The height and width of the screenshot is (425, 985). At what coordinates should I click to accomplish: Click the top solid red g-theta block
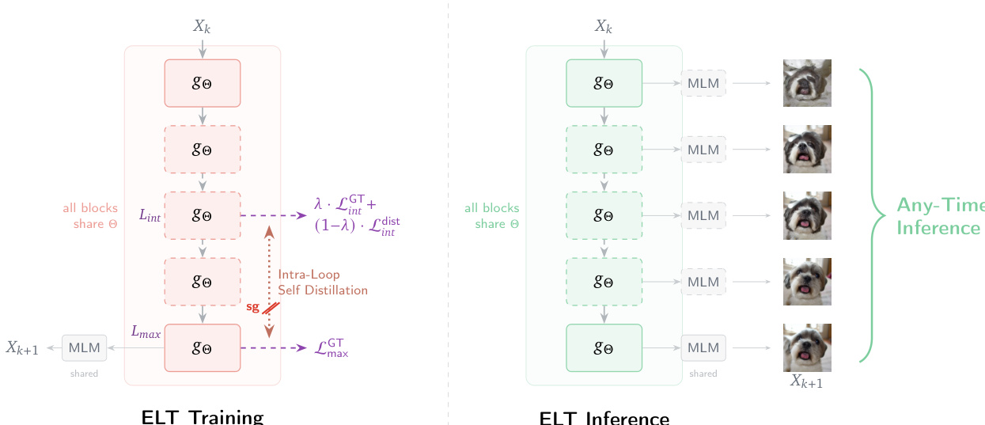click(202, 82)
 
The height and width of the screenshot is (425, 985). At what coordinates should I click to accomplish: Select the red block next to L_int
click(202, 214)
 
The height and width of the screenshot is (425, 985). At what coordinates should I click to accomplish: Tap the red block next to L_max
click(202, 347)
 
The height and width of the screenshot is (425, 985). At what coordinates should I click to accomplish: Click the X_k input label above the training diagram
click(202, 26)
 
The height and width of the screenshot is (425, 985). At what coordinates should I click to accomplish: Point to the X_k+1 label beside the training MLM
click(22, 347)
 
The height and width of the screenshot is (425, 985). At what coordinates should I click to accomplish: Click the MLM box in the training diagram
click(84, 347)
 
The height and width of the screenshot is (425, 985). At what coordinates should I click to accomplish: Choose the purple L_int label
click(150, 214)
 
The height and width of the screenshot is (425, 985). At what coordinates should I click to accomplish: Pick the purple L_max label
click(146, 333)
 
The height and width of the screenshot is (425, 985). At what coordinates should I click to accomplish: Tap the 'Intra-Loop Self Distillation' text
click(322, 283)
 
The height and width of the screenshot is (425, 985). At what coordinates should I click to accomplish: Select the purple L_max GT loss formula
click(331, 347)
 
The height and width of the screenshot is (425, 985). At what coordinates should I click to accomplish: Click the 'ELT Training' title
click(202, 417)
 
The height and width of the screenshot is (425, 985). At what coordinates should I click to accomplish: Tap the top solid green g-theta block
click(604, 82)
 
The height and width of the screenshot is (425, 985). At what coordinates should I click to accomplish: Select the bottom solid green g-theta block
click(604, 347)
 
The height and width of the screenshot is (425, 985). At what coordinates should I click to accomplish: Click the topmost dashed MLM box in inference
click(703, 82)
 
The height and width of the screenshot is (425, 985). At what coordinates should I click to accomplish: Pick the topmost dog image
click(807, 83)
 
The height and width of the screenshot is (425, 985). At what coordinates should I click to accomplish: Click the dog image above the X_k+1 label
click(807, 347)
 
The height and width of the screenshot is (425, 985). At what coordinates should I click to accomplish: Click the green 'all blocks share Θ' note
click(492, 216)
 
